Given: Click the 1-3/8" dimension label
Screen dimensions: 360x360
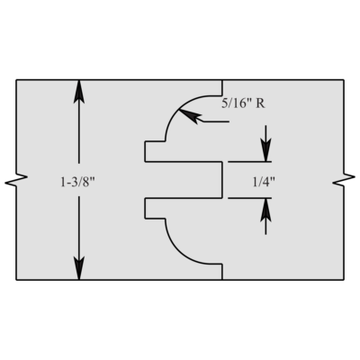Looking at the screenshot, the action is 77,182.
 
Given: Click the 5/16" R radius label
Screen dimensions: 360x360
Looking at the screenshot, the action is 243,103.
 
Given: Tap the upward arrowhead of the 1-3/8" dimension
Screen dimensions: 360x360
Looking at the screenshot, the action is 79,92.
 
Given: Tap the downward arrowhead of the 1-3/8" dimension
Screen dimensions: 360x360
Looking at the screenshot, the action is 79,268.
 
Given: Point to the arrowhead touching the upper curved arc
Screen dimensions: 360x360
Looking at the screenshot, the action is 190,115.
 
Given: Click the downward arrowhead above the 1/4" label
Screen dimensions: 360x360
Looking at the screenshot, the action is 265,150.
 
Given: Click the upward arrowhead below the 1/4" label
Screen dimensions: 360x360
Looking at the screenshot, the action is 265,210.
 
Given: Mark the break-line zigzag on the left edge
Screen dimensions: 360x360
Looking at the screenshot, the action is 16,180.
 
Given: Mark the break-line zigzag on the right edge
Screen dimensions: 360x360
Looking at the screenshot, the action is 344,180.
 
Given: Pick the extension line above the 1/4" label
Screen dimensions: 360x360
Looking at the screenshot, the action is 249,162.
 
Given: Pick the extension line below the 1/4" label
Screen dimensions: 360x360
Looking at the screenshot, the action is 249,198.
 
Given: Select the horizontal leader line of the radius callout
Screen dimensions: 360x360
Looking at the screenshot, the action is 216,121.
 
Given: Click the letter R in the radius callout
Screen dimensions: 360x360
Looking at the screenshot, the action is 260,103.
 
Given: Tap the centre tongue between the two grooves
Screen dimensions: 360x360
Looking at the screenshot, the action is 184,180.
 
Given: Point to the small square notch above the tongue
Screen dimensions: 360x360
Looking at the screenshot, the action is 155,151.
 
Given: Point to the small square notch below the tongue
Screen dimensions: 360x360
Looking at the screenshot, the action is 155,208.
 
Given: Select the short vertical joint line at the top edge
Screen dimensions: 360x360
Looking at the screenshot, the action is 222,87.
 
